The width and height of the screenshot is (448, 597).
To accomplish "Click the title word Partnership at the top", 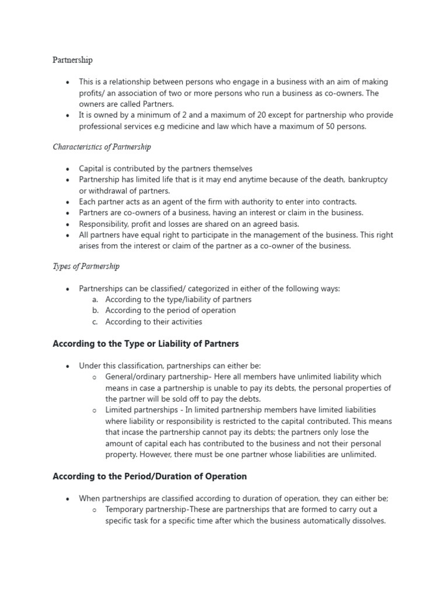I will click(72, 60).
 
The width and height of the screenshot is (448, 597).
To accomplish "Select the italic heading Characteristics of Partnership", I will click(101, 147).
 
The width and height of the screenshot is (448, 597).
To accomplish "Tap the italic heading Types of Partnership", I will click(86, 266).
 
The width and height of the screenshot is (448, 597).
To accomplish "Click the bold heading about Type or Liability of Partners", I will click(146, 344).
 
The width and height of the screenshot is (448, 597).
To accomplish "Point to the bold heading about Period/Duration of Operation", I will click(150, 476).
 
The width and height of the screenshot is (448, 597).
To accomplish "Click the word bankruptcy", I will click(367, 180).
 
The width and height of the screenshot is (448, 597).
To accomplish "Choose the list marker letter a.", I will click(95, 300).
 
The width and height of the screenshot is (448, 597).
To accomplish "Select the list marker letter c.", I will click(95, 322).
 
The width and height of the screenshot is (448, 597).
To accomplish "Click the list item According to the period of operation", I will click(170, 311).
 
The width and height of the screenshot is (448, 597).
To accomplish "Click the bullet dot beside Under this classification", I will click(68, 366).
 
